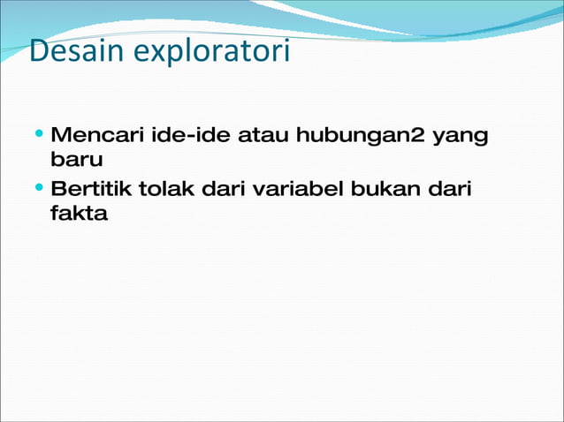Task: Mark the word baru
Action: coord(77,162)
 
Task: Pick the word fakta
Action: coord(80,213)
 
